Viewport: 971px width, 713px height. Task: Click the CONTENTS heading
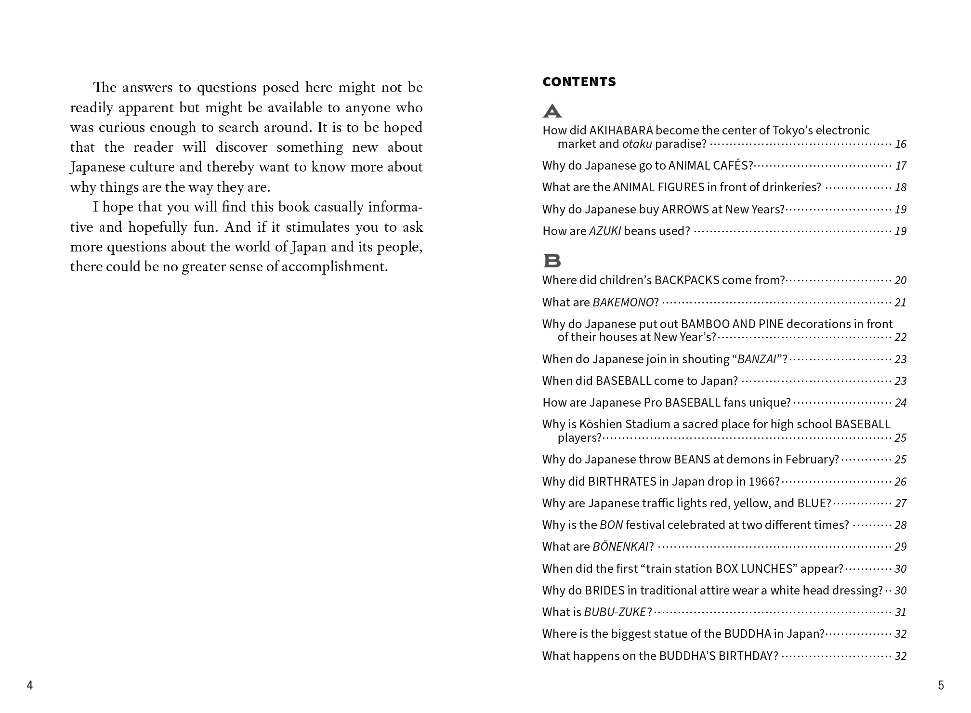click(x=579, y=82)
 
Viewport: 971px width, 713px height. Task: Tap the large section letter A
click(x=552, y=111)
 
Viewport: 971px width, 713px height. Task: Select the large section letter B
click(x=552, y=261)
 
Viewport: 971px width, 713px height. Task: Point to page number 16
click(x=901, y=144)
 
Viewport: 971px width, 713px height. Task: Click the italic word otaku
click(x=637, y=144)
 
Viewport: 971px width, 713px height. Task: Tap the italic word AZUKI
click(x=605, y=231)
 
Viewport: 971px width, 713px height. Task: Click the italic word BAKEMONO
click(x=623, y=303)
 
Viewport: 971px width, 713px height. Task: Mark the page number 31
click(x=901, y=612)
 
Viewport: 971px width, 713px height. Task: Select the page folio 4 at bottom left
click(x=30, y=686)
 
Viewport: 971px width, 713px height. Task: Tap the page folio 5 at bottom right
click(x=941, y=686)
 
